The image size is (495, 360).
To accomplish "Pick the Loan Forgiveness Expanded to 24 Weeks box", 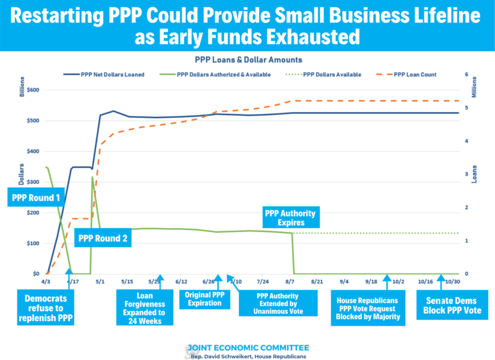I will tap(144, 307).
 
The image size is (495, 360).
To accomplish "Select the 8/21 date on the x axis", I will tap(317, 281).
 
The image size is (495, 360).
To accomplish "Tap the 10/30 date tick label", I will tap(453, 281).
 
